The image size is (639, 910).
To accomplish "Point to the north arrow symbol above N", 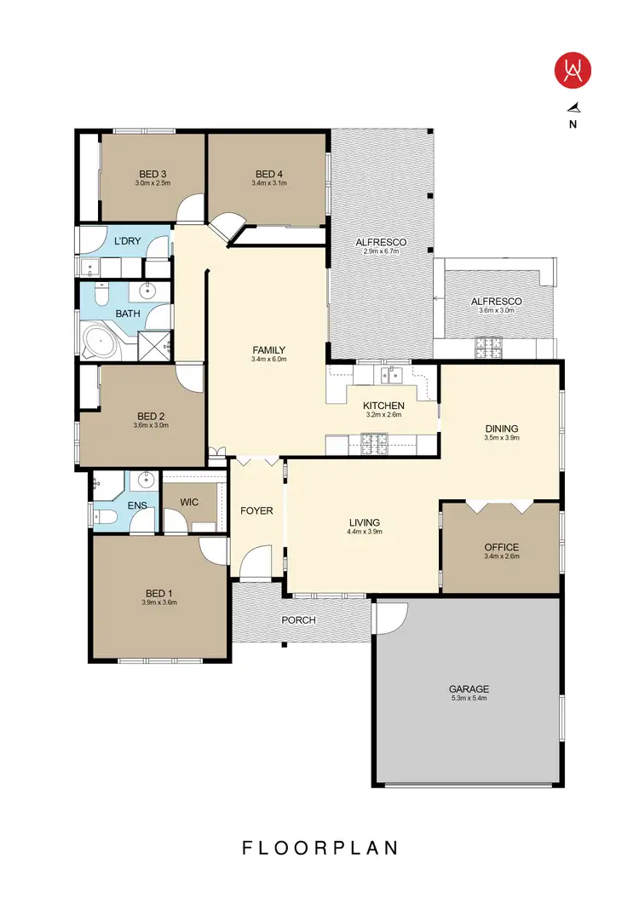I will pyautogui.click(x=573, y=107).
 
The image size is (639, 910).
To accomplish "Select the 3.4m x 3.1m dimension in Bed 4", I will pyautogui.click(x=268, y=183).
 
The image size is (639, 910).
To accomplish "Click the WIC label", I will pyautogui.click(x=190, y=503).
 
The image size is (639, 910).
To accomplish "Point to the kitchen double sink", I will pyautogui.click(x=392, y=373).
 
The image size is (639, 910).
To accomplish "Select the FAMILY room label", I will pyautogui.click(x=268, y=350).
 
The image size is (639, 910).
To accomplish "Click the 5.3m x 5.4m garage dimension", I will pyautogui.click(x=469, y=698).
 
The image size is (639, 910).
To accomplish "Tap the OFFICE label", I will pyautogui.click(x=501, y=547).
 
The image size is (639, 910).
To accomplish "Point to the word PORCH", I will pyautogui.click(x=299, y=620).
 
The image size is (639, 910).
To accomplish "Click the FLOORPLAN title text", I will pyautogui.click(x=319, y=848).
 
